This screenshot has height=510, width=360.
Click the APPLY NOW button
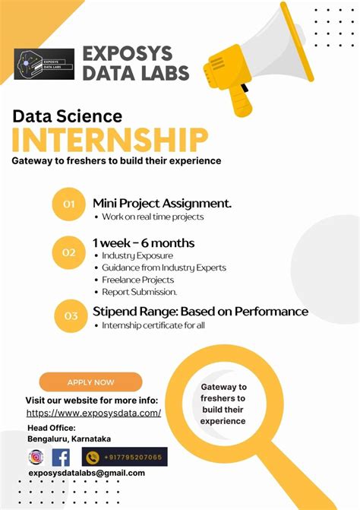(x=90, y=382)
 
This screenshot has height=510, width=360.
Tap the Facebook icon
(x=61, y=458)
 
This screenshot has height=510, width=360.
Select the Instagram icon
(x=36, y=458)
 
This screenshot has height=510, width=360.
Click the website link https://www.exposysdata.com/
(x=93, y=413)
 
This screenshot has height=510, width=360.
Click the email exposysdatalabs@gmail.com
(x=86, y=473)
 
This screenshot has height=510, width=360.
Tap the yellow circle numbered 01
(x=69, y=204)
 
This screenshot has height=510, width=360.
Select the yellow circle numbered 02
(x=69, y=252)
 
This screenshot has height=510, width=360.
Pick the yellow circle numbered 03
(x=71, y=316)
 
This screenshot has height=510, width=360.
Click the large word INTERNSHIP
(x=110, y=141)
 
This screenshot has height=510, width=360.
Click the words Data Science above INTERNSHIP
(x=67, y=116)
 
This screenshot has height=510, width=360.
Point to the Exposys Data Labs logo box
(x=44, y=65)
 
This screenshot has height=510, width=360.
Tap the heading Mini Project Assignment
(x=162, y=203)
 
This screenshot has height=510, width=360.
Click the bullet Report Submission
(x=140, y=292)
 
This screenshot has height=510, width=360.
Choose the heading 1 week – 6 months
(x=144, y=243)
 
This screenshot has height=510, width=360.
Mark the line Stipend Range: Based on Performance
(x=200, y=312)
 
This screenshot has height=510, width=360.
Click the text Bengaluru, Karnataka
(x=69, y=439)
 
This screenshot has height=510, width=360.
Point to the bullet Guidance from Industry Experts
(x=163, y=268)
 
